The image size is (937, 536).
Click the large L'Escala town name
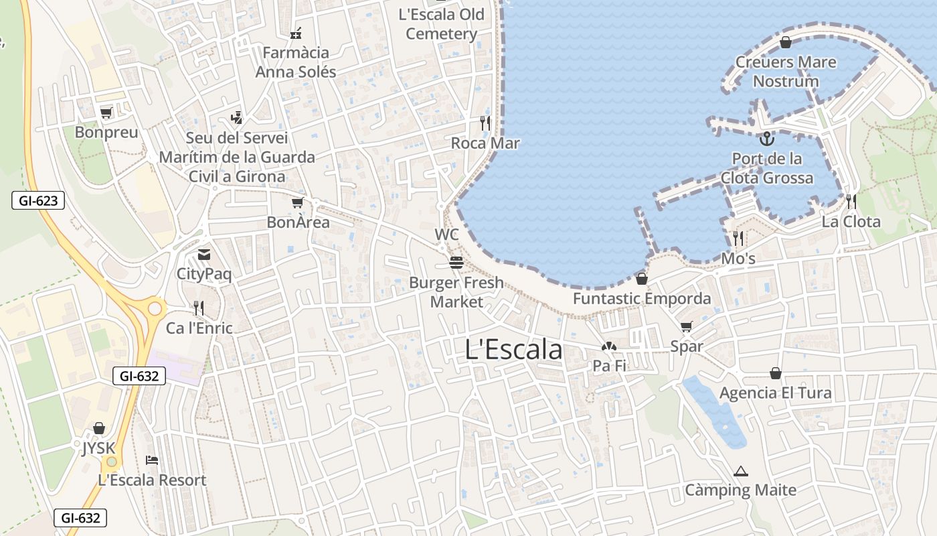pyautogui.click(x=513, y=350)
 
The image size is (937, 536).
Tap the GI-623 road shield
pyautogui.click(x=38, y=200)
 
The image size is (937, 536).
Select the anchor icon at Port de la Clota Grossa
pyautogui.click(x=767, y=139)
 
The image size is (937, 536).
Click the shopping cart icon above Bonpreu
pyautogui.click(x=106, y=113)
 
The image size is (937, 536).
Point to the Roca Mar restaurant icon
pyautogui.click(x=485, y=123)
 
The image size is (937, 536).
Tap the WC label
pyautogui.click(x=446, y=234)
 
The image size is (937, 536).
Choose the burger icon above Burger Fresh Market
pyautogui.click(x=456, y=263)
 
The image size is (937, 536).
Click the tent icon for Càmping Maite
pyautogui.click(x=740, y=471)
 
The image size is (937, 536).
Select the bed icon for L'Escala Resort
pyautogui.click(x=152, y=460)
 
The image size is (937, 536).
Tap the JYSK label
pyautogui.click(x=98, y=448)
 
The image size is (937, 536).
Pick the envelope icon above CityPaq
pyautogui.click(x=203, y=255)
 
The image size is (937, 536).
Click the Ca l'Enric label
pyautogui.click(x=199, y=328)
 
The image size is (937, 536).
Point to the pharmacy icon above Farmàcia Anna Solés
pyautogui.click(x=296, y=33)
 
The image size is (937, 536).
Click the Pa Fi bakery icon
pyautogui.click(x=608, y=347)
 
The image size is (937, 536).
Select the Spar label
pyautogui.click(x=687, y=346)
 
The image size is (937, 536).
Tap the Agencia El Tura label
pyautogui.click(x=775, y=393)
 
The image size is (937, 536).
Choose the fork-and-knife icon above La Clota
pyautogui.click(x=851, y=202)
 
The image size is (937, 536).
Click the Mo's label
pyautogui.click(x=738, y=259)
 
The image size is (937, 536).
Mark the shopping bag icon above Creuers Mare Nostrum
pyautogui.click(x=786, y=43)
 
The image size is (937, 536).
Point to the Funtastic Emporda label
pyautogui.click(x=642, y=298)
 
